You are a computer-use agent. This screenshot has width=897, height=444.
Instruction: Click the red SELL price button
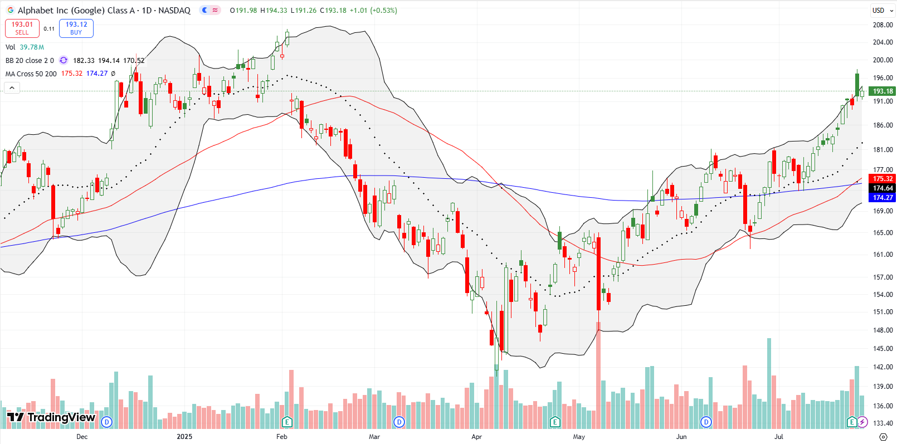point(22,28)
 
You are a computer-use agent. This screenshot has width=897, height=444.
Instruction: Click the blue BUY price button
point(76,28)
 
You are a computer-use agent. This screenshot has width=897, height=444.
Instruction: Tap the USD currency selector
point(882,10)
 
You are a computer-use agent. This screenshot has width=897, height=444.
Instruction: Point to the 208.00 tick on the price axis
point(883,25)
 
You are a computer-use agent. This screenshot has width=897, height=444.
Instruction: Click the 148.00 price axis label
point(883,330)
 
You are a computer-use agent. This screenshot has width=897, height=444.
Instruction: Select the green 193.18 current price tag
point(883,91)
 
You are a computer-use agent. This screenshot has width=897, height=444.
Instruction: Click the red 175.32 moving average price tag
point(883,179)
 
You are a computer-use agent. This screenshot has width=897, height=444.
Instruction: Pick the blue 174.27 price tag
point(883,198)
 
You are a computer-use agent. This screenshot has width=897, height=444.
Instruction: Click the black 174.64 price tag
point(883,188)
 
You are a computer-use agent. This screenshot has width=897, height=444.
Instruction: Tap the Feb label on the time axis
point(282,437)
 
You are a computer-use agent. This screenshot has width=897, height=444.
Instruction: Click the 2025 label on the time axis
point(184,437)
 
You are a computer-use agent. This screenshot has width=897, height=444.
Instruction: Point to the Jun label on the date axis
point(681,437)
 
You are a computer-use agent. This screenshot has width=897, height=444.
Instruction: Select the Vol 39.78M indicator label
point(25,47)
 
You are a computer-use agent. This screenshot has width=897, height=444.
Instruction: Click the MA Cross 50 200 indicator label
point(31,74)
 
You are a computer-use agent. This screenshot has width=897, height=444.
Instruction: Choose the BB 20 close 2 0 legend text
point(30,61)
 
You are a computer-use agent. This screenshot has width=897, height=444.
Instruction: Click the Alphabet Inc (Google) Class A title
point(76,11)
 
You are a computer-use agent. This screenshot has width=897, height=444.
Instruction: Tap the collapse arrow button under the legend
point(12,87)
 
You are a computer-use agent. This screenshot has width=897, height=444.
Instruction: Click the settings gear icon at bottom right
point(883,437)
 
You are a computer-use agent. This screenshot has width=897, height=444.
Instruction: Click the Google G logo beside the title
point(10,11)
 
